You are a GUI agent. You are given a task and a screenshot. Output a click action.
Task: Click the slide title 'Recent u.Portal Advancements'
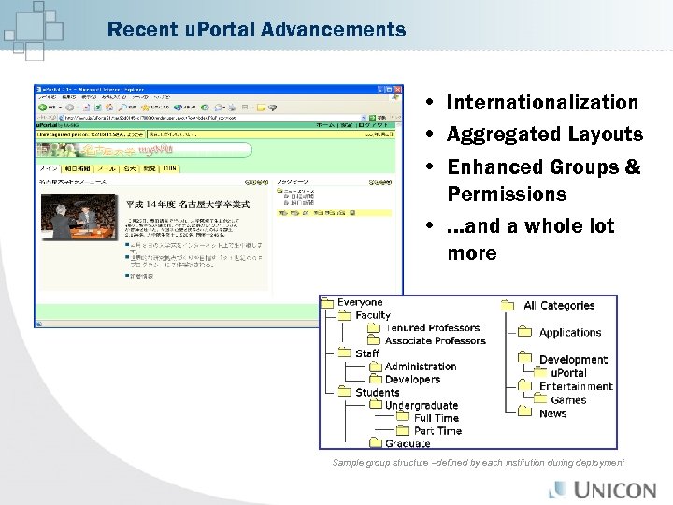pyautogui.click(x=256, y=30)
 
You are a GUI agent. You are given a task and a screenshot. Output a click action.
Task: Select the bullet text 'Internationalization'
pyautogui.click(x=542, y=102)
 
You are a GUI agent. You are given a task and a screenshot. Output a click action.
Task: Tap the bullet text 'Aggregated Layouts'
pyautogui.click(x=544, y=134)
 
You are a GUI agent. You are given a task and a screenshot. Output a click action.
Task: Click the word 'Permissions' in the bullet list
pyautogui.click(x=506, y=194)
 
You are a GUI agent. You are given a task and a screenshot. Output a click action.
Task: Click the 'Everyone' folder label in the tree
pyautogui.click(x=360, y=302)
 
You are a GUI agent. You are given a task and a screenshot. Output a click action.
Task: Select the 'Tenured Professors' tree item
pyautogui.click(x=432, y=328)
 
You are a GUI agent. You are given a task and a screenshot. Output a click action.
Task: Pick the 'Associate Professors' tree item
pyautogui.click(x=435, y=340)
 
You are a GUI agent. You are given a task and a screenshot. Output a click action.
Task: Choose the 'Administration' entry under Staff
pyautogui.click(x=421, y=367)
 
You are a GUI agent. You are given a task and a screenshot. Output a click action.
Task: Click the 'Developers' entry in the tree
pyautogui.click(x=412, y=380)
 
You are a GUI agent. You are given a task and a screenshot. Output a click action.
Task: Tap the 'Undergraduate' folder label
pyautogui.click(x=421, y=405)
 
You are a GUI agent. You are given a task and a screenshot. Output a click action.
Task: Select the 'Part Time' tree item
pyautogui.click(x=437, y=431)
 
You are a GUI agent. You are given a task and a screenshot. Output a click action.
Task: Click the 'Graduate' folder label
pyautogui.click(x=408, y=444)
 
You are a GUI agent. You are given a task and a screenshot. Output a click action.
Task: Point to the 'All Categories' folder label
pyautogui.click(x=559, y=306)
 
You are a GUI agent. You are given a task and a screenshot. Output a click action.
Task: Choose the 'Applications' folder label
pyautogui.click(x=570, y=332)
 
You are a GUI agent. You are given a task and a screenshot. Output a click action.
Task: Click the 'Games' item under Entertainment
pyautogui.click(x=568, y=400)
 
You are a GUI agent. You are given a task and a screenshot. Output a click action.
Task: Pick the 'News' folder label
pyautogui.click(x=552, y=413)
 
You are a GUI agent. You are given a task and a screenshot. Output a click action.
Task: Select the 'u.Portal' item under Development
pyautogui.click(x=563, y=373)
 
